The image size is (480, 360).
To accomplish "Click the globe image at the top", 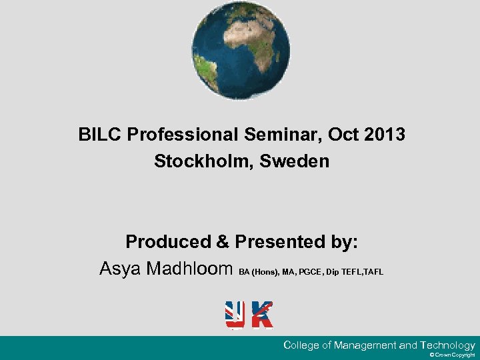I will (x=241, y=51).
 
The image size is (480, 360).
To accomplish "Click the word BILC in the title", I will (x=99, y=135).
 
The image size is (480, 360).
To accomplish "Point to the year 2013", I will (x=385, y=135).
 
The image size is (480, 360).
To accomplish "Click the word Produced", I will (x=163, y=241).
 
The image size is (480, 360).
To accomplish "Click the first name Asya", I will (x=121, y=269).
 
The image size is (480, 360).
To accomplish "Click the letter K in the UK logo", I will (x=262, y=315).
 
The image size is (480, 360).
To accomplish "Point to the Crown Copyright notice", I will (x=453, y=356).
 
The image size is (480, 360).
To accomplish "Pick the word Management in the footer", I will (x=365, y=345).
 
